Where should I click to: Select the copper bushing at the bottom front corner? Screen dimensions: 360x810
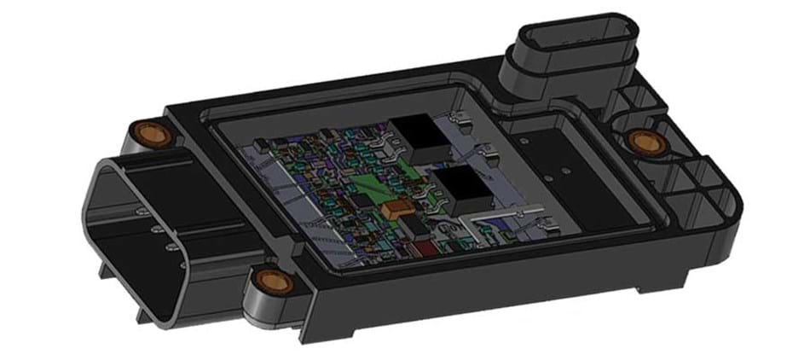pos(270,279)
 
